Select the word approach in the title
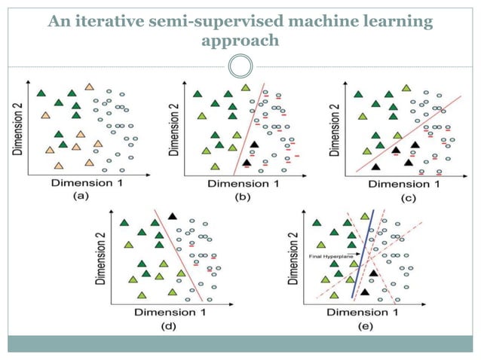(240, 39)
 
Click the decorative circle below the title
(240, 66)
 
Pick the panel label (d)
(157, 325)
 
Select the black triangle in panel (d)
(173, 216)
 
